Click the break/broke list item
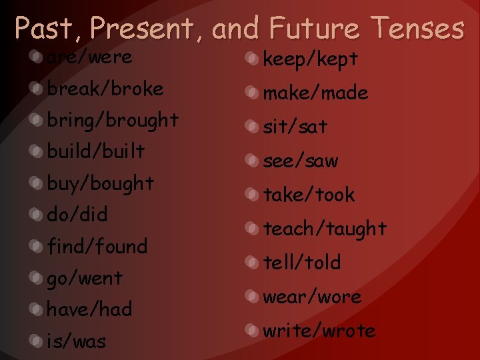[x=105, y=89]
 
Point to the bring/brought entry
[x=113, y=121]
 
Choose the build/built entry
[x=95, y=151]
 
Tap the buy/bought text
[x=100, y=183]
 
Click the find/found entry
[x=97, y=247]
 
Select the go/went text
[x=85, y=278]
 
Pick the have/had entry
[x=89, y=309]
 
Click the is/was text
[x=76, y=341]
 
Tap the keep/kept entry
[x=311, y=59]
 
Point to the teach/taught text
[x=325, y=229]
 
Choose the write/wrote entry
[x=319, y=331]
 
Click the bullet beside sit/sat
[x=251, y=127]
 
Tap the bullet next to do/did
[x=35, y=215]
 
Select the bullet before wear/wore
[x=251, y=296]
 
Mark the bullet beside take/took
[x=251, y=195]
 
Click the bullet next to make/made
[x=251, y=93]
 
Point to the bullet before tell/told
[x=251, y=262]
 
